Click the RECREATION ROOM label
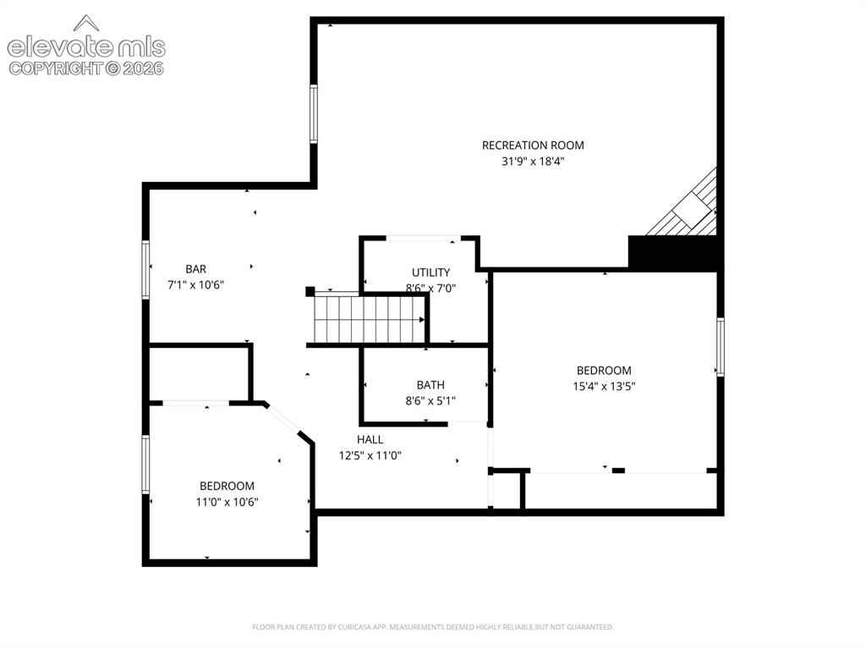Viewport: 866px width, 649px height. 533,146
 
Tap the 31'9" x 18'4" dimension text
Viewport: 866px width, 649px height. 533,162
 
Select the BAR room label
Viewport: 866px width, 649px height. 195,269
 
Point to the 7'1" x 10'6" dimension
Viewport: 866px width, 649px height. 195,285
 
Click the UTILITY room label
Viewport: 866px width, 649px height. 430,272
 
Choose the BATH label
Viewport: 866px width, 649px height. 430,385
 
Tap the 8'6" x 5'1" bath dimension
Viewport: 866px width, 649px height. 430,401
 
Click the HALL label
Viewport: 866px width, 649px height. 370,439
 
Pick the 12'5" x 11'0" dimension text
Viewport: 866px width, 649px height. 370,455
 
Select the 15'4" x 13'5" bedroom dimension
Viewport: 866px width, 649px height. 604,387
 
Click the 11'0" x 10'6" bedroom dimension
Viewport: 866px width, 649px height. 227,502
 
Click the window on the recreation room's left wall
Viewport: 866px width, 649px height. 314,114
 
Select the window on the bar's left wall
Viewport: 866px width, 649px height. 145,270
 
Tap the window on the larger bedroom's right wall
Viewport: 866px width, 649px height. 721,347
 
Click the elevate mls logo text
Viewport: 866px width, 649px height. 86,47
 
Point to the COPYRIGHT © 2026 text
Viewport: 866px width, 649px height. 86,69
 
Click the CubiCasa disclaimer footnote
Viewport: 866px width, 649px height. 432,627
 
